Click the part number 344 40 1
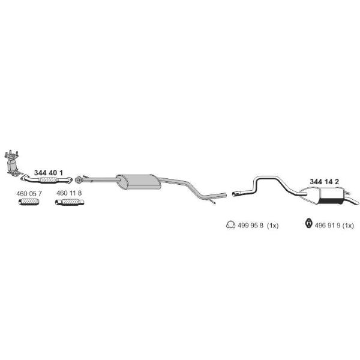tap(48, 173)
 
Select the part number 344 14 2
tap(324, 182)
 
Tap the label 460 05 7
tap(29, 194)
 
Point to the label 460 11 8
tap(69, 193)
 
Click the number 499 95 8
tap(250, 226)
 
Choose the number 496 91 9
tap(327, 226)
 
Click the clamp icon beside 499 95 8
tap(230, 225)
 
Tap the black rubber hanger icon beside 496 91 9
tap(309, 224)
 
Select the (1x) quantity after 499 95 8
tap(273, 226)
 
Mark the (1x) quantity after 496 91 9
tap(348, 226)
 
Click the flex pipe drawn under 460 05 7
tap(29, 202)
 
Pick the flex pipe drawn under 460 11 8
tap(70, 202)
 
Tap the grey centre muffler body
tap(138, 182)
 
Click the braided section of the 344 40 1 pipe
tap(49, 180)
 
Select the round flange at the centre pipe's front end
tap(78, 180)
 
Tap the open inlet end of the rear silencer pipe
tap(234, 194)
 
